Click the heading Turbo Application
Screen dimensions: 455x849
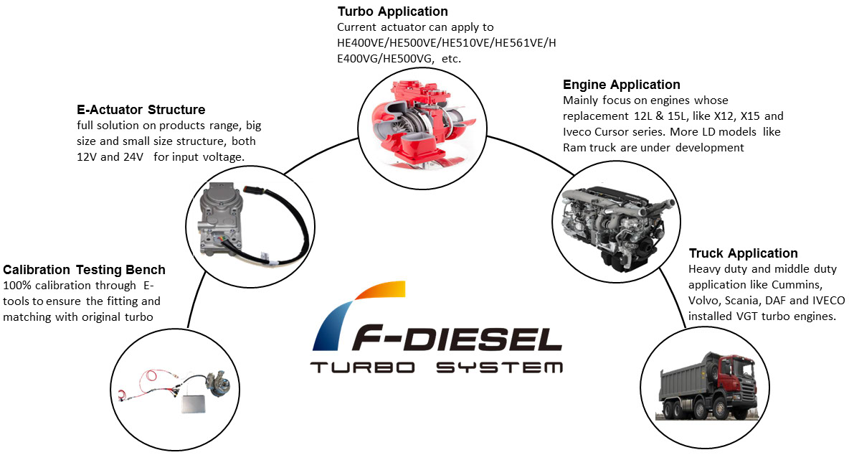[392, 11]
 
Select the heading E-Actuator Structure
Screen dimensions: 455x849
[141, 110]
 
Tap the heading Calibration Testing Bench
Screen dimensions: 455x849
[85, 270]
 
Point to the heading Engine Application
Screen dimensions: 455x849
[622, 85]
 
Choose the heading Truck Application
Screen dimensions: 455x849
[743, 253]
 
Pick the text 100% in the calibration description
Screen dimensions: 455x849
[17, 286]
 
